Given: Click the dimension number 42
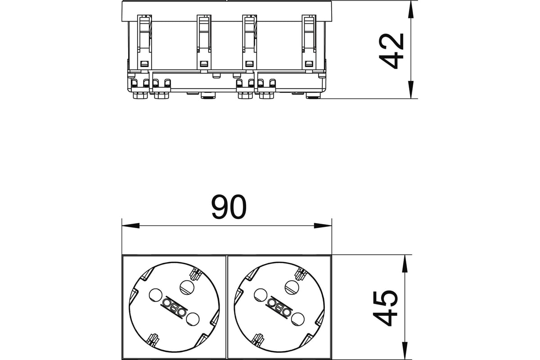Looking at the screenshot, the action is [x=391, y=51].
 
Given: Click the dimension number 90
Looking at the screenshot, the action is [x=229, y=207].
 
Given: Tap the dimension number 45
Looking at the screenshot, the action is [x=385, y=308].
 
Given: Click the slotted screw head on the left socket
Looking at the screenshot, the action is [x=187, y=288].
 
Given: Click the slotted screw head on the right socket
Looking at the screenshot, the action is [x=292, y=288].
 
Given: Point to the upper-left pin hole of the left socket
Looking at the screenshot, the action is [x=156, y=295].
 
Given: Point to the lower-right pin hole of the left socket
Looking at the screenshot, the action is [x=193, y=319].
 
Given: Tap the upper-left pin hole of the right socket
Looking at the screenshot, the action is [x=261, y=295].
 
